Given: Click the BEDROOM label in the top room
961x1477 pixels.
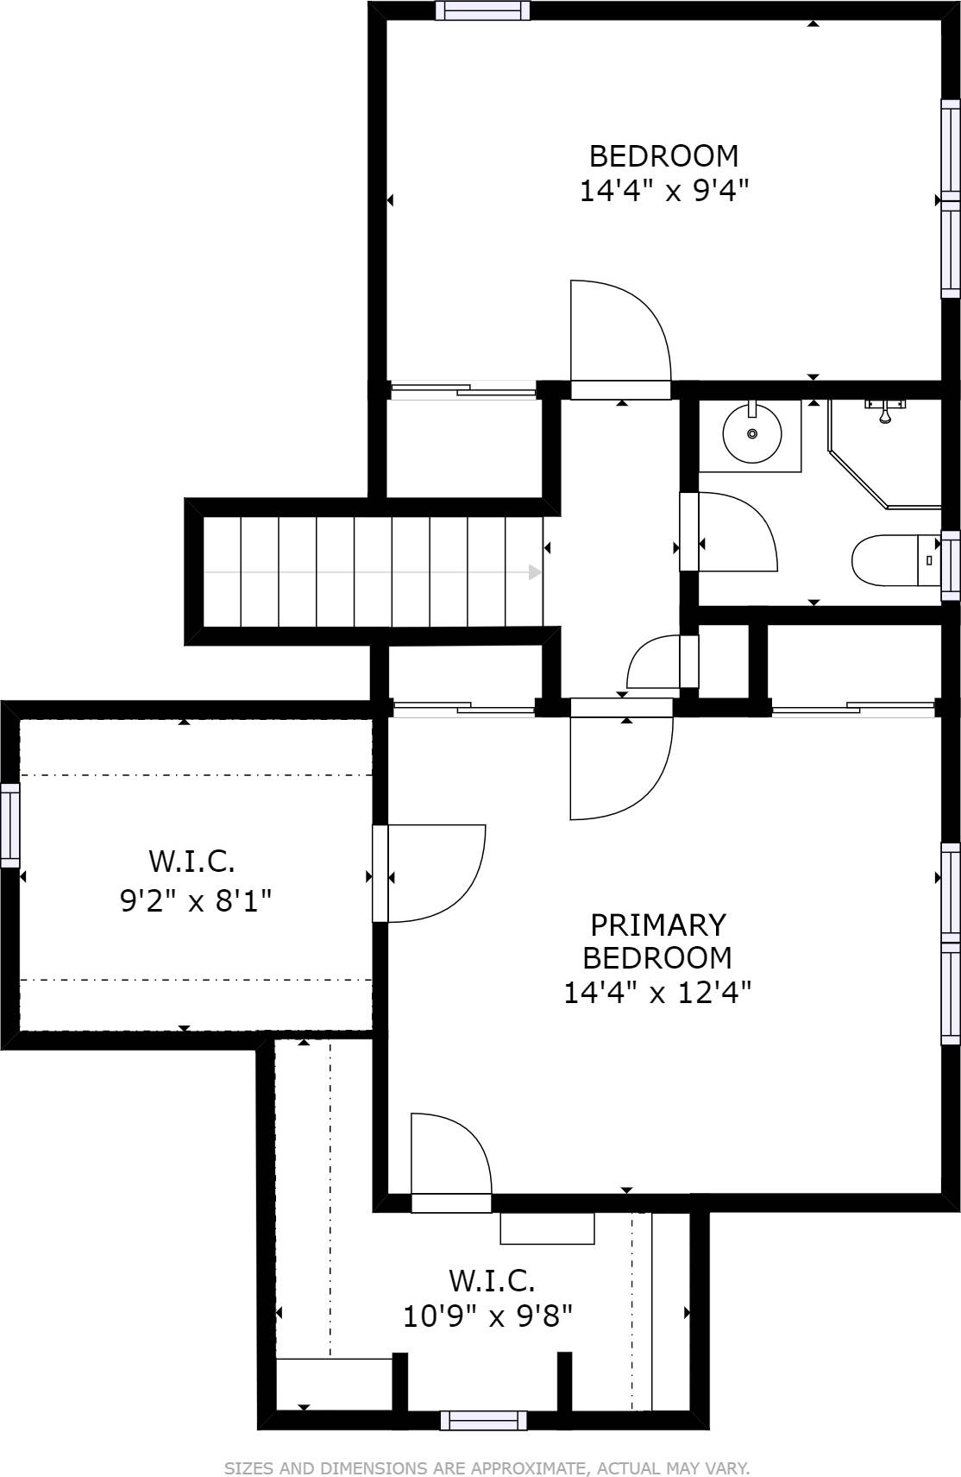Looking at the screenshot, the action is click(663, 156).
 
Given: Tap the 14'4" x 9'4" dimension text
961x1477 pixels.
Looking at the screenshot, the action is click(664, 192).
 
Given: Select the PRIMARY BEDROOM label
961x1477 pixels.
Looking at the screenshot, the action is click(658, 941).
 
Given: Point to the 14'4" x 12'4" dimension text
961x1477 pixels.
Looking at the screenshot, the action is click(657, 993).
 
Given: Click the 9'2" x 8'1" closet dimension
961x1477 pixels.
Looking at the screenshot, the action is click(196, 900).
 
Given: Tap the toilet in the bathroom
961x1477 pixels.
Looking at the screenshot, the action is click(895, 559).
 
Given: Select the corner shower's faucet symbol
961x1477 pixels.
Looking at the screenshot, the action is click(884, 410).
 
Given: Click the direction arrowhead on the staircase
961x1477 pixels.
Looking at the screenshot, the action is click(535, 572).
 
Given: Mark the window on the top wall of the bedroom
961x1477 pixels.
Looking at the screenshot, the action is click(483, 10).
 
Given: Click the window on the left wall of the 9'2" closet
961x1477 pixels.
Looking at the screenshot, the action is click(9, 825).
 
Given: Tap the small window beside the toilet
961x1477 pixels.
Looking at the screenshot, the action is click(951, 565).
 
